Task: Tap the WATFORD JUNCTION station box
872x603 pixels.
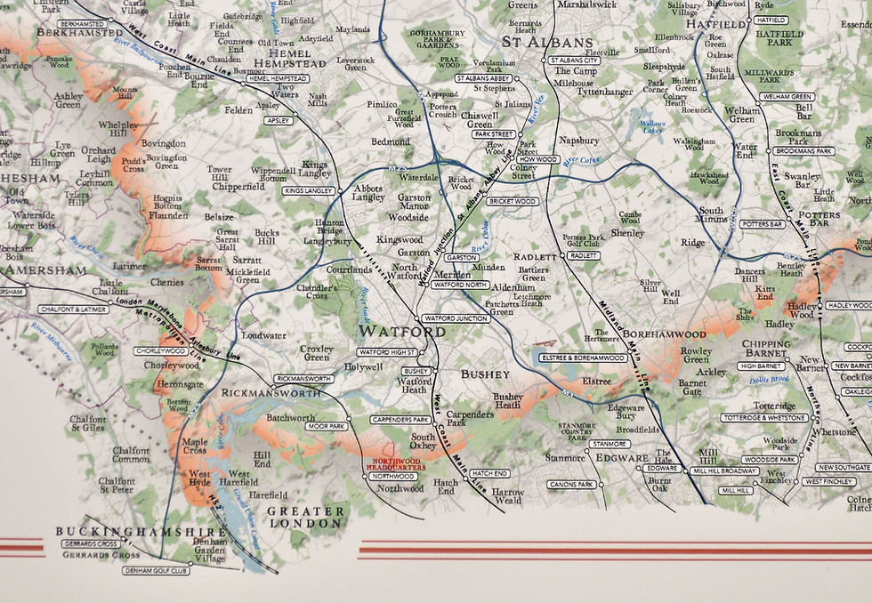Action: [456, 318]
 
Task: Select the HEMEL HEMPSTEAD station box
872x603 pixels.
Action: [277, 78]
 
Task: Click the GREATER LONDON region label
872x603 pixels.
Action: [305, 518]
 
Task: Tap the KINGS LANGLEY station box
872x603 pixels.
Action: [309, 190]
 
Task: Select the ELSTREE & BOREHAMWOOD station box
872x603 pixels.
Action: [583, 358]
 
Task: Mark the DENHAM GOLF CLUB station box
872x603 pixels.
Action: [156, 570]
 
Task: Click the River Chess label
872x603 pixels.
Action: [86, 245]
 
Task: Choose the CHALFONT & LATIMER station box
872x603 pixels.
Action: [73, 310]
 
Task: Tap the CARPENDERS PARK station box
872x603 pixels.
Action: [400, 419]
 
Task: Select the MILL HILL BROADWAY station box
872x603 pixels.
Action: [726, 470]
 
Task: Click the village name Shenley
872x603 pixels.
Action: [626, 233]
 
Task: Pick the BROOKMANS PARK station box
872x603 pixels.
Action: [803, 151]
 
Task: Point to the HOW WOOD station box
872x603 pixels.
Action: [537, 159]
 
